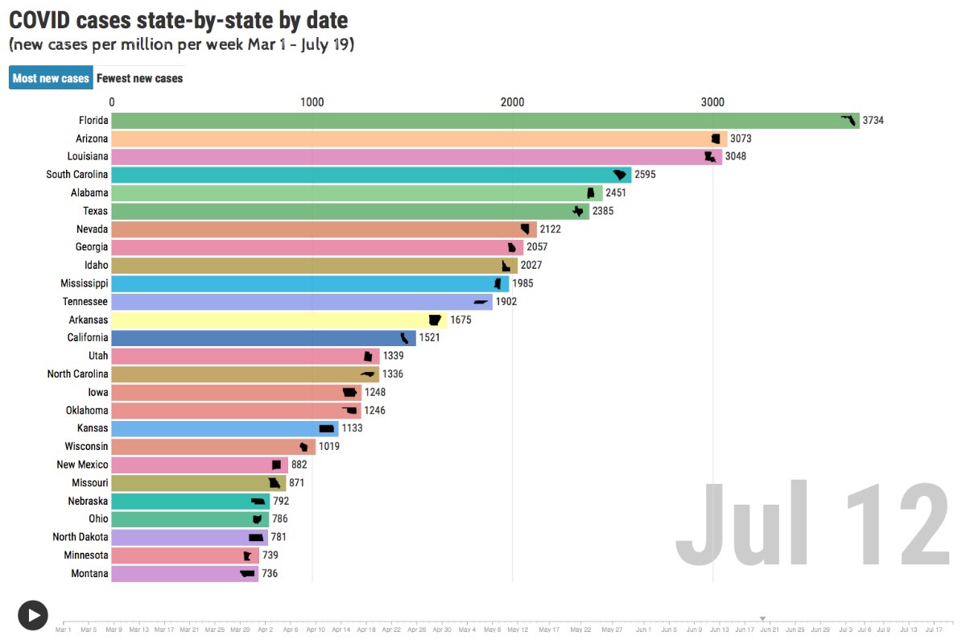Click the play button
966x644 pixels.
click(x=33, y=615)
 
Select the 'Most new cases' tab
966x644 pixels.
click(x=51, y=78)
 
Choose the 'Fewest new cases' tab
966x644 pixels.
click(x=139, y=78)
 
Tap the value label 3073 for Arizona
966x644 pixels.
click(x=741, y=138)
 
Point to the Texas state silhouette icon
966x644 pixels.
click(x=578, y=211)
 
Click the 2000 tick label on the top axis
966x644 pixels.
click(x=512, y=102)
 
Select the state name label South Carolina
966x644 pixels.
click(x=77, y=175)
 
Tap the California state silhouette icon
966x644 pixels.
click(x=405, y=338)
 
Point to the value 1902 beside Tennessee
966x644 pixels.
click(x=506, y=302)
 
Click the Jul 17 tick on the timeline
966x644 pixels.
click(x=935, y=629)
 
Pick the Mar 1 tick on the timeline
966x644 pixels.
click(x=64, y=629)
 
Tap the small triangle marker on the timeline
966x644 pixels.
click(x=762, y=618)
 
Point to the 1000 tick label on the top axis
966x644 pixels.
click(x=312, y=102)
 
